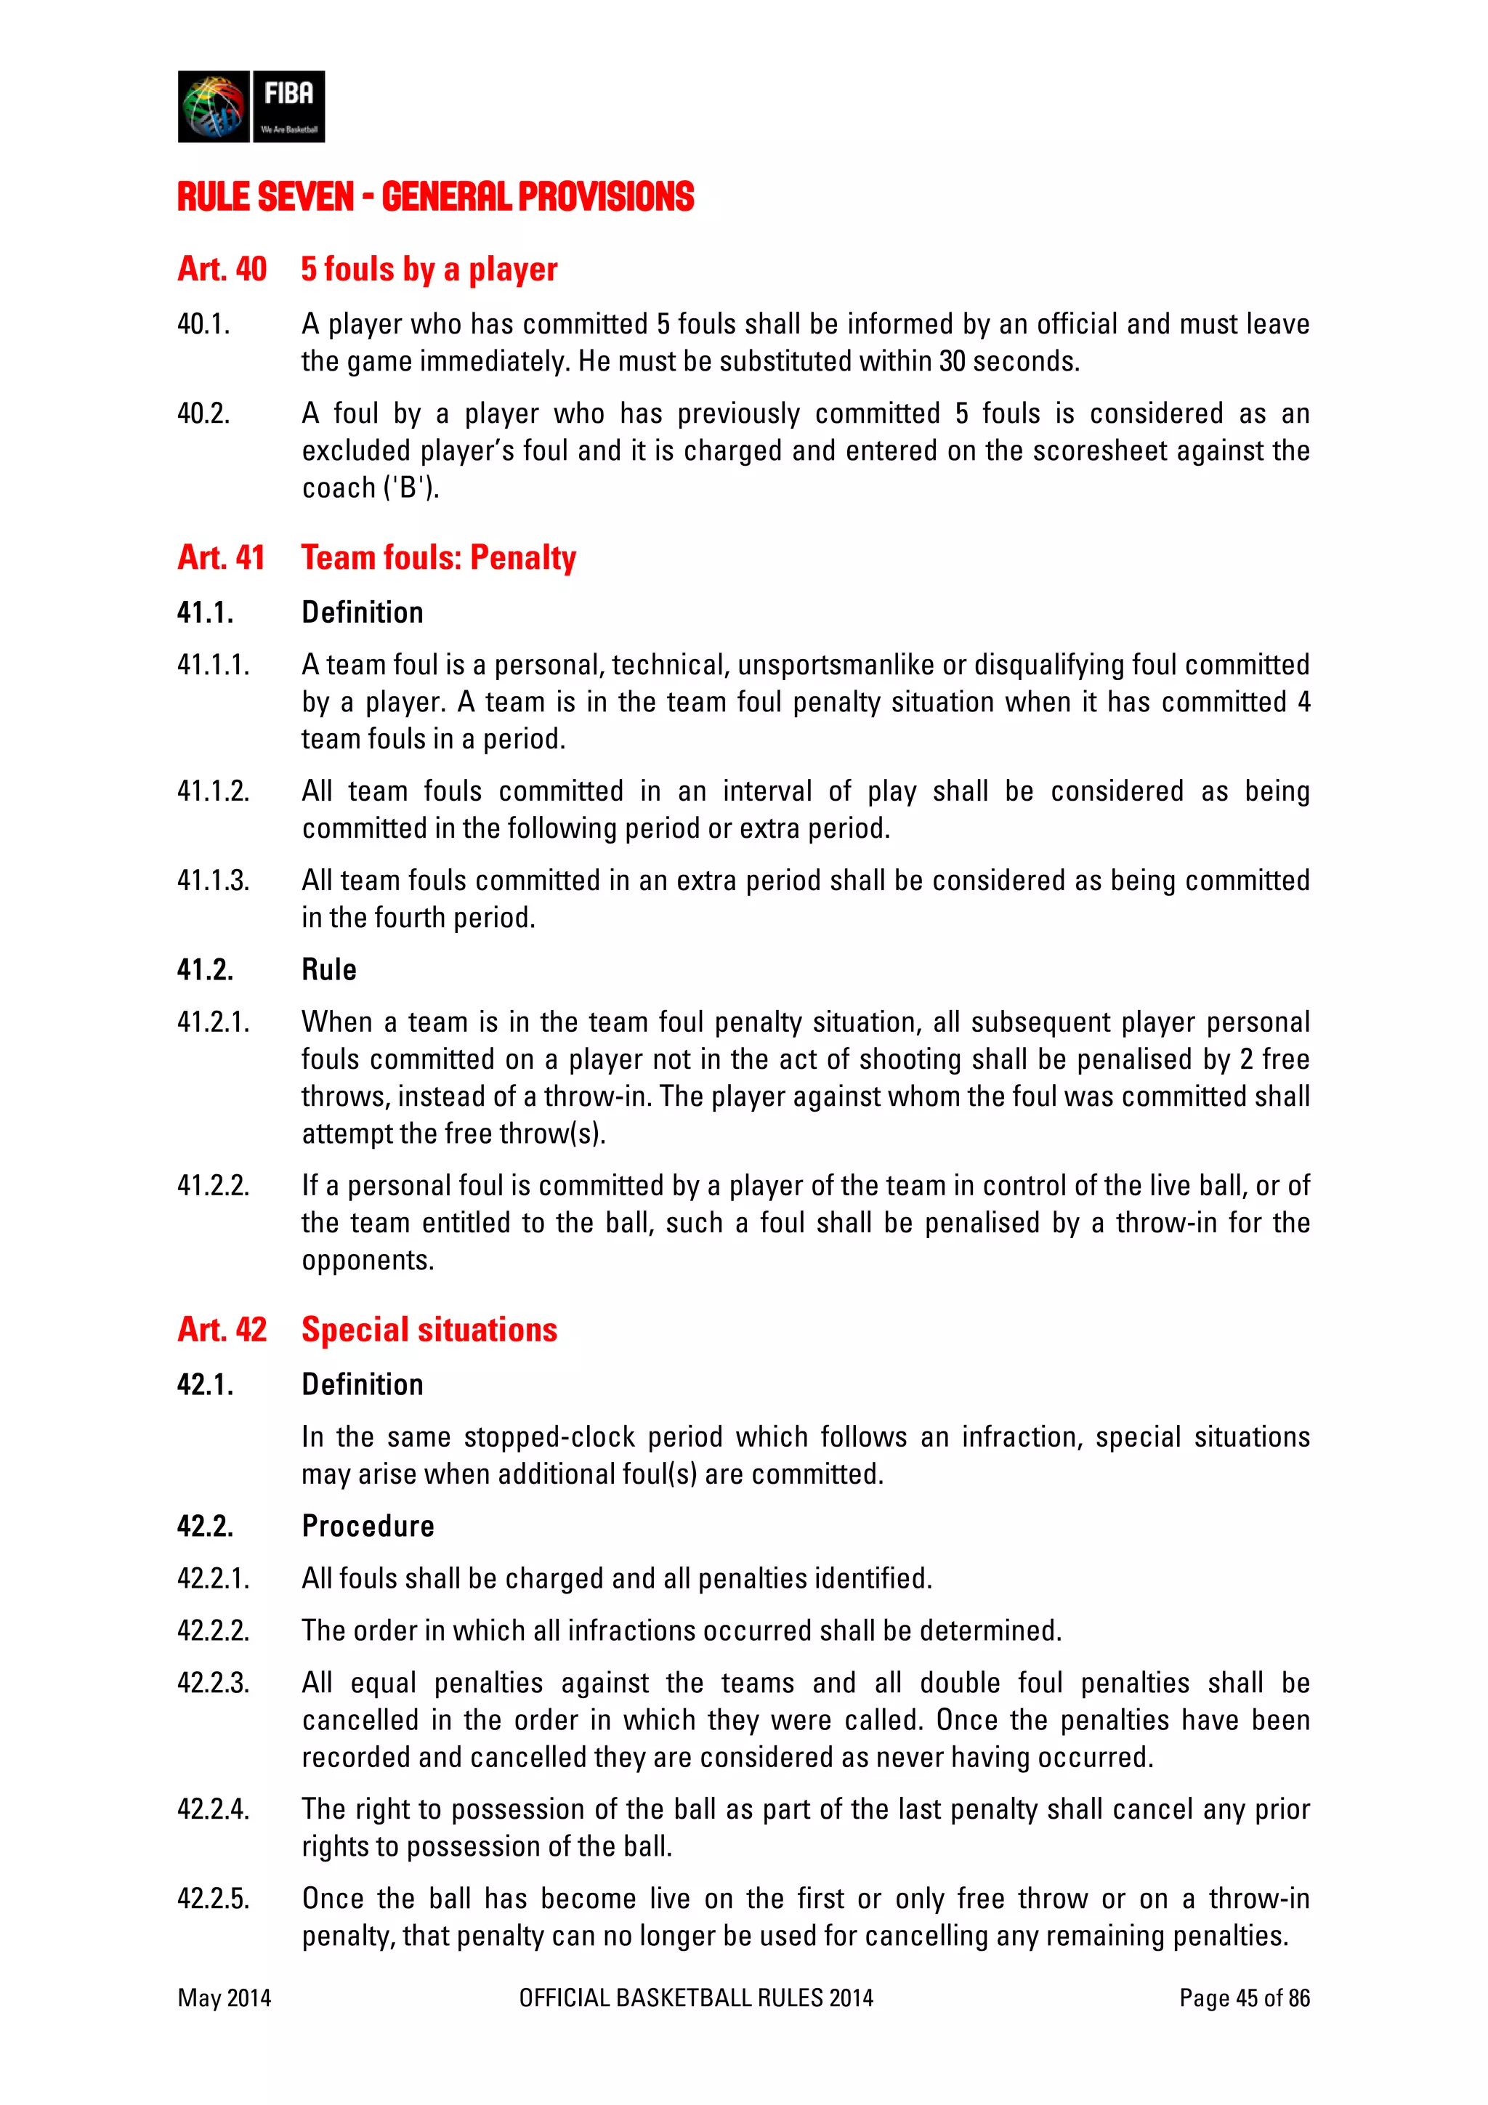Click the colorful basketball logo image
click(214, 106)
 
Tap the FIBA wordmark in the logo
click(288, 94)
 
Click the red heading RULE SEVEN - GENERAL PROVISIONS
click(435, 197)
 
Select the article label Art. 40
click(222, 270)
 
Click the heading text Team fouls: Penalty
click(438, 557)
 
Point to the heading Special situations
click(429, 1330)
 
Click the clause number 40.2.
click(203, 413)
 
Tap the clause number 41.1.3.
click(213, 880)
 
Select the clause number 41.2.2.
click(213, 1185)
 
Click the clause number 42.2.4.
click(213, 1809)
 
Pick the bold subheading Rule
click(329, 969)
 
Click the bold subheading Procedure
click(368, 1526)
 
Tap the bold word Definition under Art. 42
click(362, 1384)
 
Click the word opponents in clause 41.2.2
click(368, 1261)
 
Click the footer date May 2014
click(225, 1997)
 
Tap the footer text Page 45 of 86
click(1244, 1997)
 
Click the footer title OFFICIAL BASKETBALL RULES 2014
click(696, 1997)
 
